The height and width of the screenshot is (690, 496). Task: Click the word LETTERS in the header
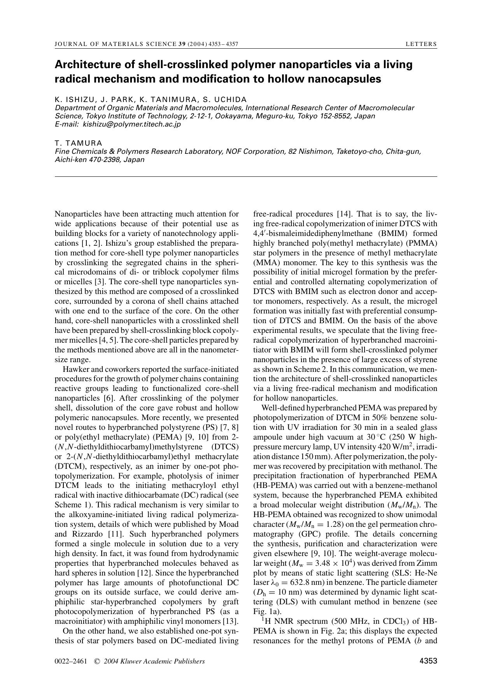421,44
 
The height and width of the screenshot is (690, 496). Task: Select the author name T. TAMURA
78,143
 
